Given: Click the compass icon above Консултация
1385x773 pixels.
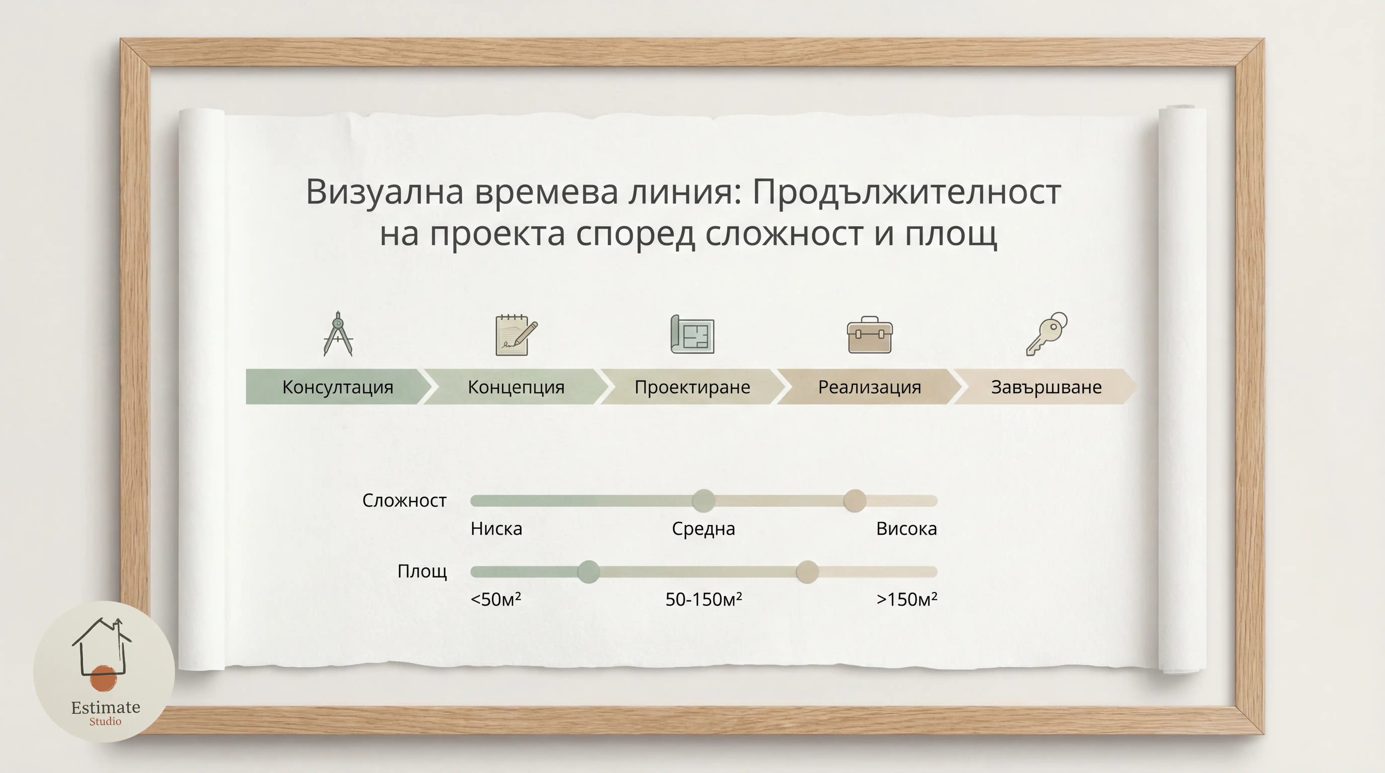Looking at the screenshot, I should [338, 334].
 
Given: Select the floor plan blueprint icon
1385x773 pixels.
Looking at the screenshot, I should [692, 334].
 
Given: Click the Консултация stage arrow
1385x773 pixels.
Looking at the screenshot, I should [338, 386].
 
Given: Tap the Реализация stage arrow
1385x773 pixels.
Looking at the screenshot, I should [869, 386].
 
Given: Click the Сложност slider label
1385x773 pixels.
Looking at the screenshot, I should [404, 500].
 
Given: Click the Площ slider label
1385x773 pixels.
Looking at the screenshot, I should [422, 571].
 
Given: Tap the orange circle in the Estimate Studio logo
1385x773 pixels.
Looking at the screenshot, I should [103, 678].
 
